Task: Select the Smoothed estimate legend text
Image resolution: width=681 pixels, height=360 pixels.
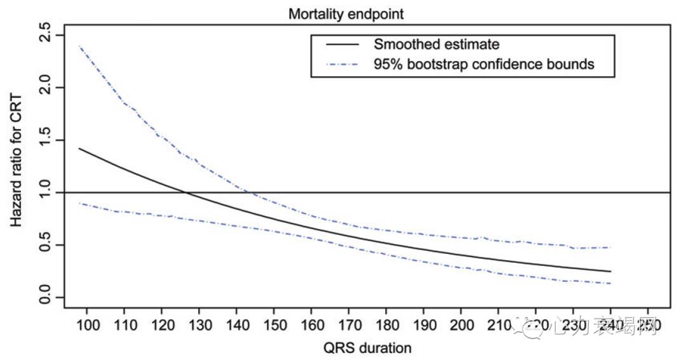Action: (436, 44)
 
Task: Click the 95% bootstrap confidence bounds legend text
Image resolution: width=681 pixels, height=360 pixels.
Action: (483, 64)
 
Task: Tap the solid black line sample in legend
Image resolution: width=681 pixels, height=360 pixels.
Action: (342, 44)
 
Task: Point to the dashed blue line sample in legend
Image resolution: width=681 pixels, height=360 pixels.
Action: (342, 64)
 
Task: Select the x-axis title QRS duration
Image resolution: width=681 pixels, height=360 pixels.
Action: (367, 348)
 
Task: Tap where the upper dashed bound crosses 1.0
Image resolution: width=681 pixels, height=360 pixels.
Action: (252, 192)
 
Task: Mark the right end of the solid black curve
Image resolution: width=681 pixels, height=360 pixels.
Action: (611, 271)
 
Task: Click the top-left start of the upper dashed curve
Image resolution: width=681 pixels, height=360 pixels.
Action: (79, 46)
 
